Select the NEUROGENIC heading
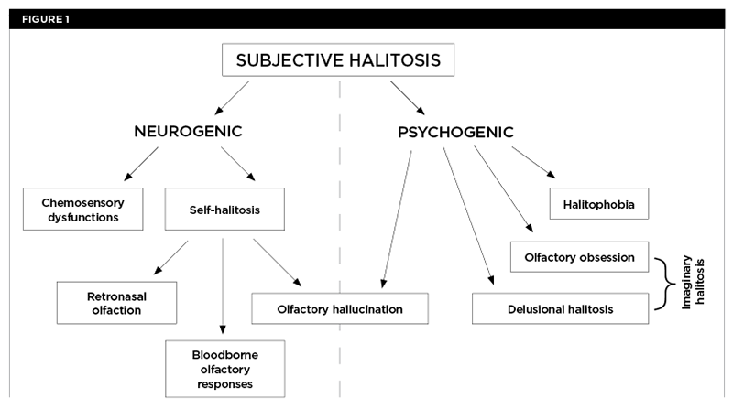(x=187, y=132)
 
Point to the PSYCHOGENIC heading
(x=455, y=132)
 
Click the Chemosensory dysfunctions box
(x=82, y=209)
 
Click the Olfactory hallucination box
(x=340, y=308)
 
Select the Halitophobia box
(x=599, y=203)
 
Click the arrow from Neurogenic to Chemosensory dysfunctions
(x=143, y=164)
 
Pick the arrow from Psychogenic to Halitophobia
(x=532, y=161)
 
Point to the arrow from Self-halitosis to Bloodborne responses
(x=223, y=284)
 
